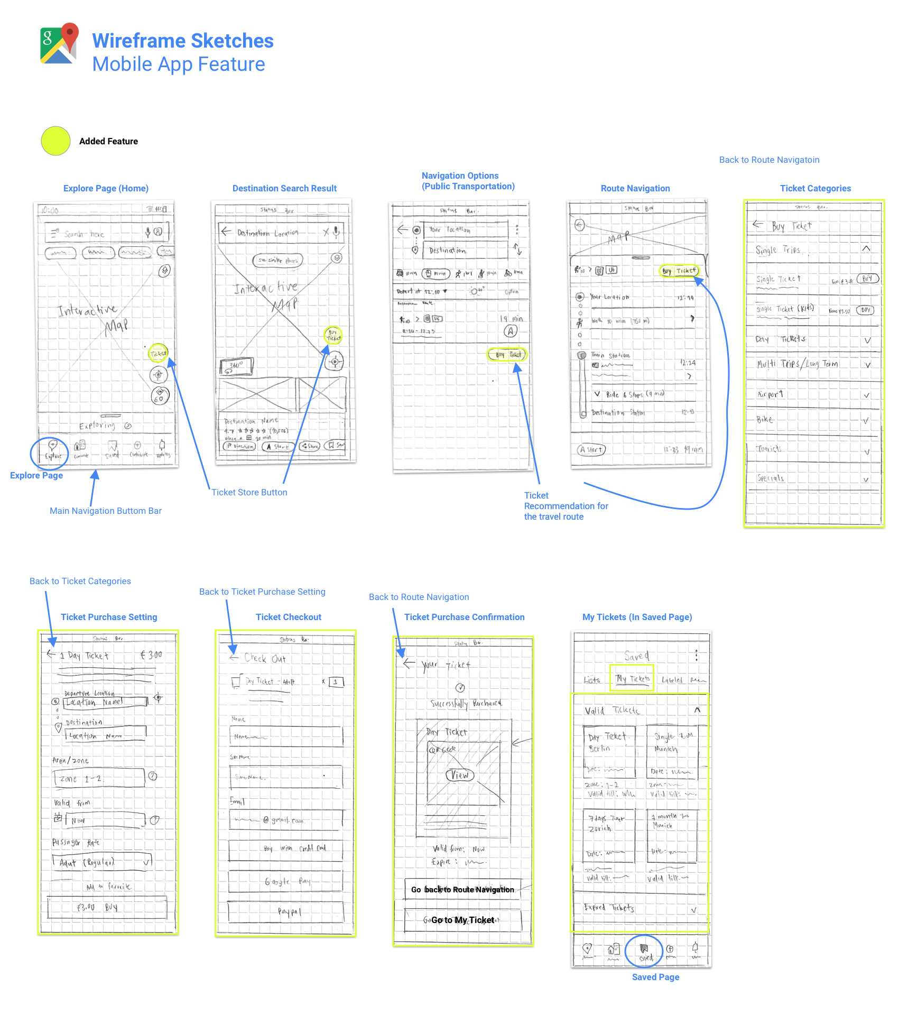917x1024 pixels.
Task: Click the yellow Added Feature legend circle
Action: click(55, 141)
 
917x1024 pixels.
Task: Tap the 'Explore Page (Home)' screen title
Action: click(106, 189)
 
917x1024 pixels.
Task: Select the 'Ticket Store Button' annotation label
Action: click(249, 493)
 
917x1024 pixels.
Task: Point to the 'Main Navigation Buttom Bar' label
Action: click(106, 511)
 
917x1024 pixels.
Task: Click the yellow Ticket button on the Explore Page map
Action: click(158, 353)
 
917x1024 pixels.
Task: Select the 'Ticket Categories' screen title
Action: click(815, 189)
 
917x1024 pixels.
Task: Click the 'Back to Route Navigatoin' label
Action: click(769, 160)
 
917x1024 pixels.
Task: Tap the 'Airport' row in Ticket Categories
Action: click(813, 395)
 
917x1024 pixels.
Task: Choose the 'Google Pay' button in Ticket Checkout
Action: click(286, 881)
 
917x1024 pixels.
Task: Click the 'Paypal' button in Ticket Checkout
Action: click(286, 911)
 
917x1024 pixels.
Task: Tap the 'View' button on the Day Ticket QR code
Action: click(460, 775)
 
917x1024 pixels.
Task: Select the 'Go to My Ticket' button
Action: click(462, 920)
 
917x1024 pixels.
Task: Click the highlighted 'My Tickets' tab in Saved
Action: click(632, 679)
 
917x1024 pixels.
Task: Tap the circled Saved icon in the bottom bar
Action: click(644, 951)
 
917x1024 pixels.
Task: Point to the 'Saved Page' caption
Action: click(655, 977)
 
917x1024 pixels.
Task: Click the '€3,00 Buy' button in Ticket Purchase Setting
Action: click(107, 908)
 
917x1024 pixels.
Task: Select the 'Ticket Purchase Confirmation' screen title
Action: click(464, 617)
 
